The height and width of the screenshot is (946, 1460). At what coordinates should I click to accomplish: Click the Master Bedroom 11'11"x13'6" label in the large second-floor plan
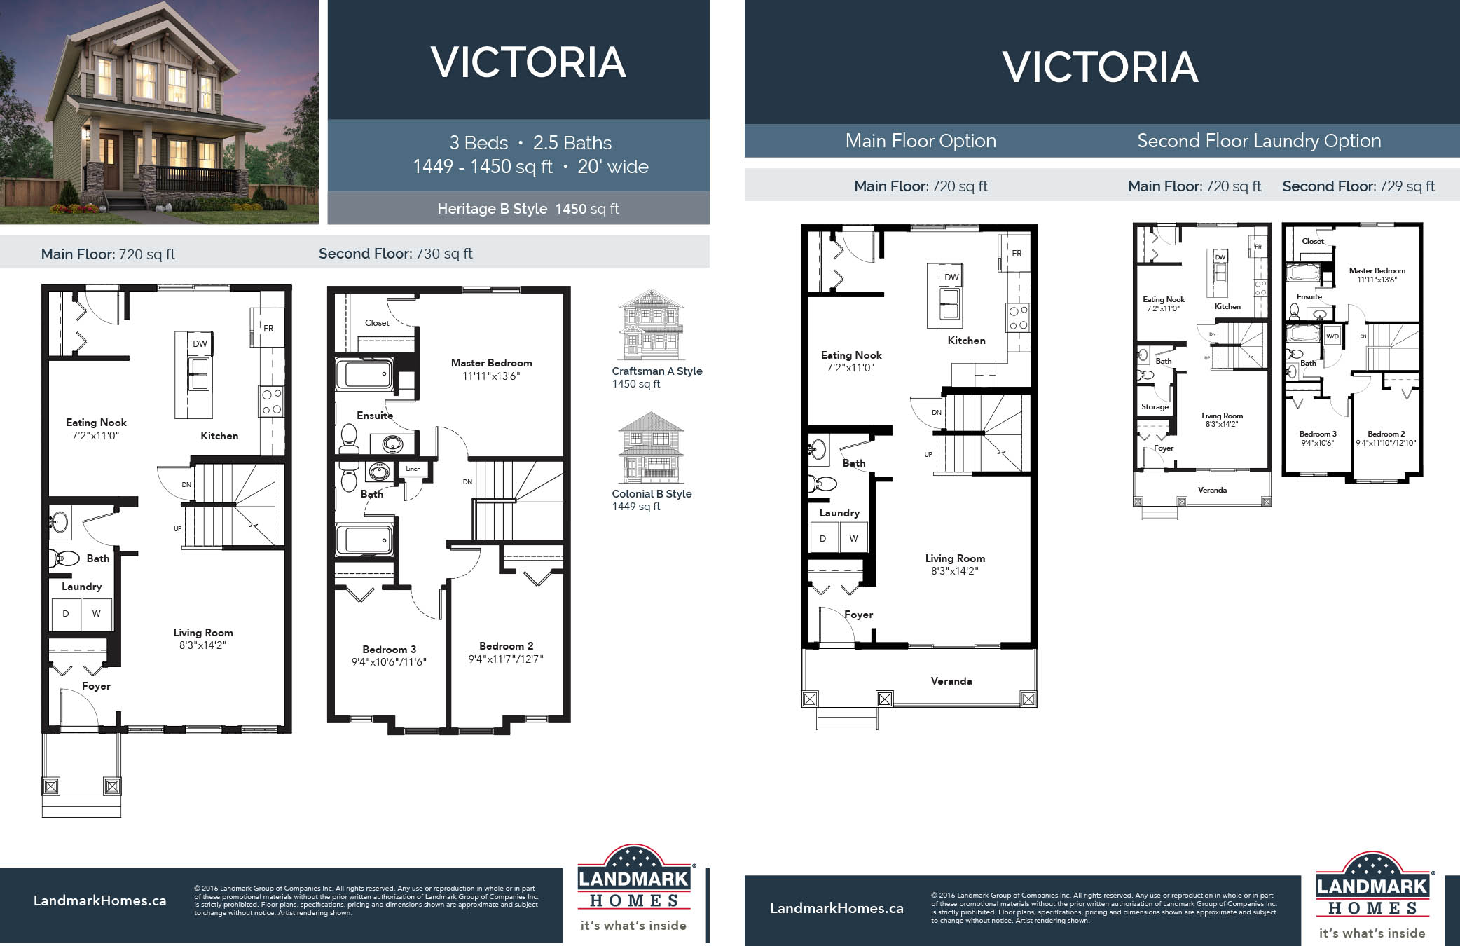point(491,369)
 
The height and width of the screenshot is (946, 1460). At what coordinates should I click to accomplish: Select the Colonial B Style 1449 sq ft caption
point(652,500)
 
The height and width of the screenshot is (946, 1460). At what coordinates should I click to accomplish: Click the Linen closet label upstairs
point(413,469)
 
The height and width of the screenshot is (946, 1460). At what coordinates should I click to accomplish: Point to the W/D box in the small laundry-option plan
point(1332,336)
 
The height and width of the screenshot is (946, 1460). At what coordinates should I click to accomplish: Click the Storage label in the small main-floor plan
point(1155,406)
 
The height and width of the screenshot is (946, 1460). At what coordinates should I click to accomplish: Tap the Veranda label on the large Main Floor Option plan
point(951,680)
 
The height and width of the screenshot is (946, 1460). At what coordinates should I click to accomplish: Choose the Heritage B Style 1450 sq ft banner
point(528,209)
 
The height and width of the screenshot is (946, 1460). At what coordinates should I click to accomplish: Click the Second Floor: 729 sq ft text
point(1358,186)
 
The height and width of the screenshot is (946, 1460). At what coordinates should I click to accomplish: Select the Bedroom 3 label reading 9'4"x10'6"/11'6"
point(389,655)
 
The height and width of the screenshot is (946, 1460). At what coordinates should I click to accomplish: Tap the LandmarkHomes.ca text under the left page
point(99,900)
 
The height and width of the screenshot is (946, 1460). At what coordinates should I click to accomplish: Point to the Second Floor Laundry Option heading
point(1259,141)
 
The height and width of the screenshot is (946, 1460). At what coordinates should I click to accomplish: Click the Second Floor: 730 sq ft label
point(395,254)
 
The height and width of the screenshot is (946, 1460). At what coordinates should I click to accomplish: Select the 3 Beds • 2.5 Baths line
point(530,143)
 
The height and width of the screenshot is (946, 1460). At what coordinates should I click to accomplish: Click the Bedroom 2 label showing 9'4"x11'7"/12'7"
point(506,652)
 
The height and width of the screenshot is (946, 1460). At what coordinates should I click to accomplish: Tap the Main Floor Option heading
point(920,141)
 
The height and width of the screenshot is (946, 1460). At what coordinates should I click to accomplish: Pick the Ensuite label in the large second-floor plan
point(374,416)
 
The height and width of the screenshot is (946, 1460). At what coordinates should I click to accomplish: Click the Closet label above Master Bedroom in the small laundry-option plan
point(1312,241)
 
